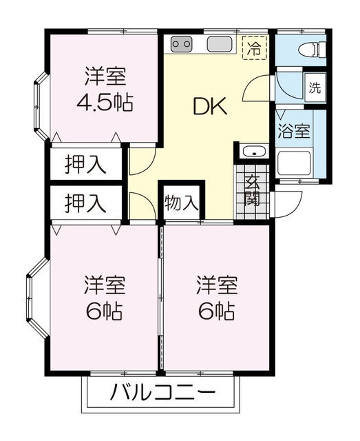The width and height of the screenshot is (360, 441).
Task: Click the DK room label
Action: (208, 107)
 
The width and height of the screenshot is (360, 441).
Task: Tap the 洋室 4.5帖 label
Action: (105, 89)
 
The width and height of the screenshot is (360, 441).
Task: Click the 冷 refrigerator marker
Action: (255, 48)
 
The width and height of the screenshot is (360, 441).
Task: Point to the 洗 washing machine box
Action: (315, 88)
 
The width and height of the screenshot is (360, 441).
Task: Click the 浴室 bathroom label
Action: (293, 131)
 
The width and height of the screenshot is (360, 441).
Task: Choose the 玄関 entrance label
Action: (251, 191)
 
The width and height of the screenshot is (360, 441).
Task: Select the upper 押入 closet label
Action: (85, 165)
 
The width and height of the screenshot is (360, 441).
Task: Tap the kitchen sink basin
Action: (218, 45)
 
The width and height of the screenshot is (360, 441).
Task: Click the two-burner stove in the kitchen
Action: (182, 45)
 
